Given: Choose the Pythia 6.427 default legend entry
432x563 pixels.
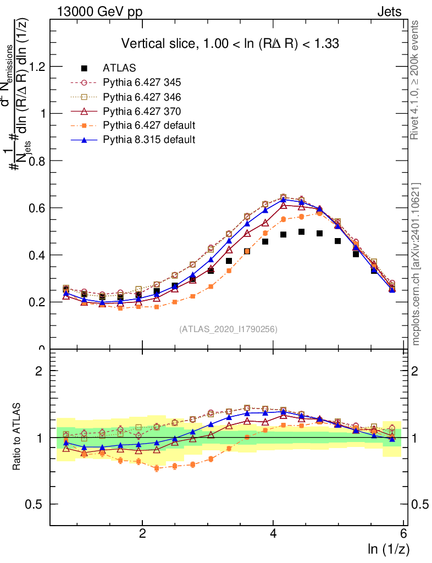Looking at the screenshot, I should point(149,125).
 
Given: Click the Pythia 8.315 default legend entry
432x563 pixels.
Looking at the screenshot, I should point(149,140).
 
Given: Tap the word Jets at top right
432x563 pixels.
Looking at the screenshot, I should point(389,12).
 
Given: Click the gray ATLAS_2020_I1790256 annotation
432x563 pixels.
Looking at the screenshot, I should point(228,329).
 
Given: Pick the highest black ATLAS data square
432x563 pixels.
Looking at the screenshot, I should point(301,232).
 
